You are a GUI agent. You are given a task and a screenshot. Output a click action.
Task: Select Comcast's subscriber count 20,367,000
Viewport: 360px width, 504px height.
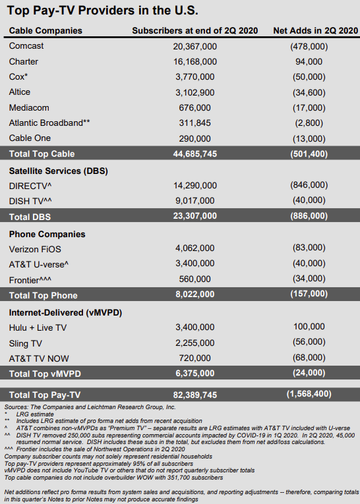click(x=195, y=46)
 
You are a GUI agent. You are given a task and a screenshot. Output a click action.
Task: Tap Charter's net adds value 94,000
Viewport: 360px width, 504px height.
click(x=309, y=61)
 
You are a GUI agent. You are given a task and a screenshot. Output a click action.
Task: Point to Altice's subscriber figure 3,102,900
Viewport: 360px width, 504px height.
click(x=195, y=92)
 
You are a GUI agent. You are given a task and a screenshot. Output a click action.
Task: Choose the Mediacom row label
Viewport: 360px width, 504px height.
click(x=29, y=107)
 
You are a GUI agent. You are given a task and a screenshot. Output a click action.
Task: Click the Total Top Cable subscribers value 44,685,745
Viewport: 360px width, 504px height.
click(x=195, y=154)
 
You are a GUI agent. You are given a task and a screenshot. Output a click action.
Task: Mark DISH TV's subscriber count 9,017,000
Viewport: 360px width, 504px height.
click(x=195, y=201)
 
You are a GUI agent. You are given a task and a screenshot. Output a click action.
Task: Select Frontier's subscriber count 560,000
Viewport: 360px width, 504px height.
click(x=195, y=279)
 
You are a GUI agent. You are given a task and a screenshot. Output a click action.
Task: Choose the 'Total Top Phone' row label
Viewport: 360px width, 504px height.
click(x=43, y=294)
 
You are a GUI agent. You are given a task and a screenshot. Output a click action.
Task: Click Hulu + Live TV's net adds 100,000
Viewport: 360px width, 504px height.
click(x=309, y=327)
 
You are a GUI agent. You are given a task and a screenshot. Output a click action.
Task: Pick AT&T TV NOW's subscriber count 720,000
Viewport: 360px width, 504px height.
click(x=195, y=358)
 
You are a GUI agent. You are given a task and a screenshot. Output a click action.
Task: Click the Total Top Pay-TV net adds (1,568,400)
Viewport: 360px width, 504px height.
click(x=309, y=393)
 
